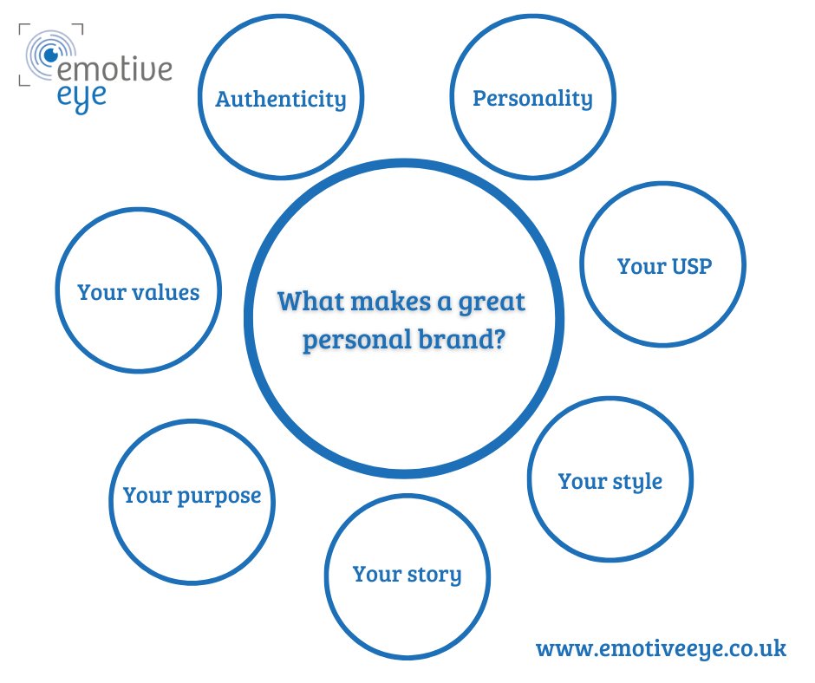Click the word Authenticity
280,99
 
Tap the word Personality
532,97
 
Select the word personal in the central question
350,340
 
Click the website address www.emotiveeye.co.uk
661,648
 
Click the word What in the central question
305,302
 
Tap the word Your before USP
641,265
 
